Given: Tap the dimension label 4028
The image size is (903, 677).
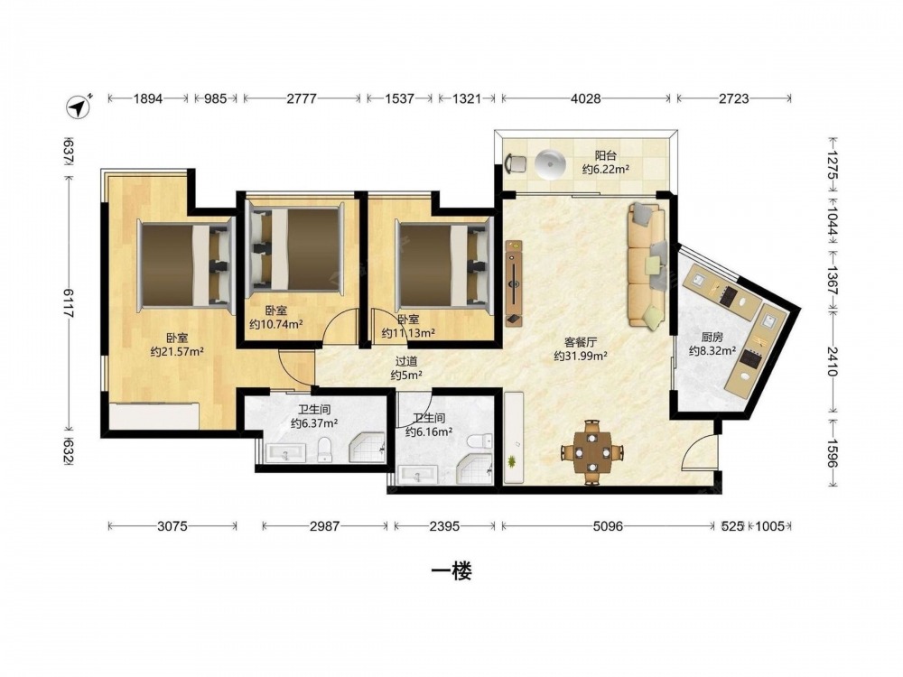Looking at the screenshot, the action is point(586,98).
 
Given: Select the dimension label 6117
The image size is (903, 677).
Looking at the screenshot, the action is point(70,302).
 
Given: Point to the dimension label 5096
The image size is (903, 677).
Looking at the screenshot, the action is point(607,525).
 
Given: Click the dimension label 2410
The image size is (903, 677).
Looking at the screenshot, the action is point(833,361).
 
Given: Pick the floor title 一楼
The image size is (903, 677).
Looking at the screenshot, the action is point(451,571).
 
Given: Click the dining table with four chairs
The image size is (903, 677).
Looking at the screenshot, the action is point(592,452).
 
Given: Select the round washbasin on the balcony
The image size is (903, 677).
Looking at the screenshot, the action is point(551,164).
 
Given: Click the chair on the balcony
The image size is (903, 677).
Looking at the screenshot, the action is point(516,163).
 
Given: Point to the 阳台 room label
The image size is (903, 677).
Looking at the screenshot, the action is point(605,155).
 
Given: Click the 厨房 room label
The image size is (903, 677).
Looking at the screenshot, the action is point(712,338).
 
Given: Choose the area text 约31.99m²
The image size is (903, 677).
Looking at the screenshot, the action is point(581,357).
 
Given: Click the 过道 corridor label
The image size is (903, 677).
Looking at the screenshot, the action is point(406,362).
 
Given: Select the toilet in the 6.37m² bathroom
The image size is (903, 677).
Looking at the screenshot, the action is point(325,449).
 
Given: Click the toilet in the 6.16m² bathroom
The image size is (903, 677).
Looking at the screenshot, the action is point(480,441).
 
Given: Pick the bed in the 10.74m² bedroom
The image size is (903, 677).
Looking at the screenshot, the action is point(295,250).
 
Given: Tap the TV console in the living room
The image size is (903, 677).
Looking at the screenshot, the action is point(514,283).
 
